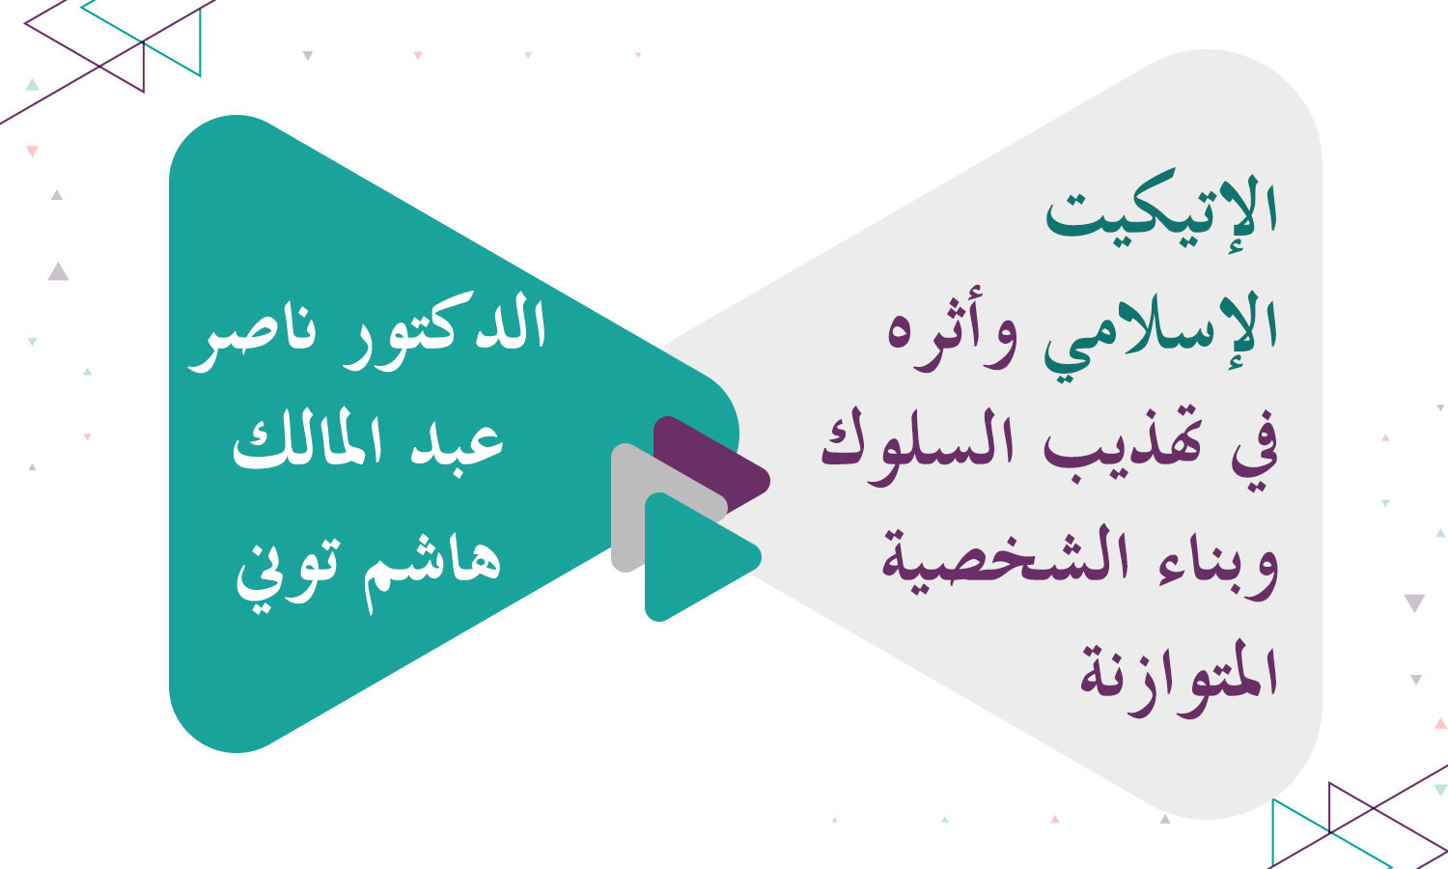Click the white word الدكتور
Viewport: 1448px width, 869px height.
tap(445, 328)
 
